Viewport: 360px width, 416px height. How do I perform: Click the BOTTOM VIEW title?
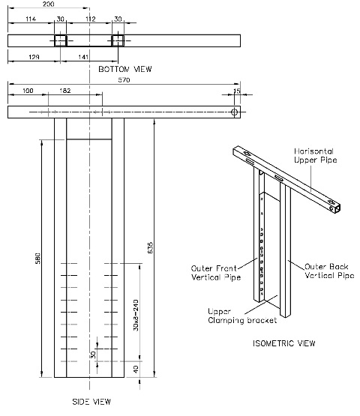point(125,69)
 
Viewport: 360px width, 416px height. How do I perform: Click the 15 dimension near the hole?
point(237,91)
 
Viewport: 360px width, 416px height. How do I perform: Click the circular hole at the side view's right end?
point(235,112)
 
